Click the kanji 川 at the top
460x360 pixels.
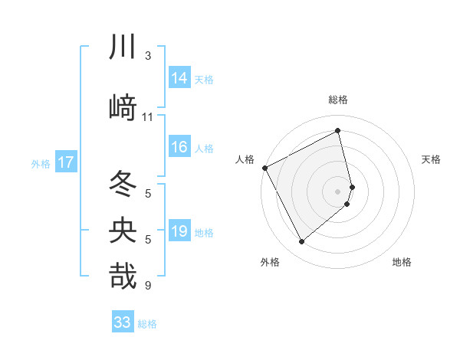(x=123, y=47)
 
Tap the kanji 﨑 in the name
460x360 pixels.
(x=123, y=108)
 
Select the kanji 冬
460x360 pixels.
(x=123, y=184)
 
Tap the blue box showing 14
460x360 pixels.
(x=179, y=78)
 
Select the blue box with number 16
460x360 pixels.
(x=179, y=148)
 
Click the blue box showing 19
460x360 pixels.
(x=179, y=232)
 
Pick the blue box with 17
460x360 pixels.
(x=65, y=162)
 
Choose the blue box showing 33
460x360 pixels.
(x=123, y=322)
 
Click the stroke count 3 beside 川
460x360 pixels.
(x=148, y=56)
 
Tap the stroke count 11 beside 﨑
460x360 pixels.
(x=148, y=117)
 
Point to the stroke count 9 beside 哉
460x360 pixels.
(x=148, y=286)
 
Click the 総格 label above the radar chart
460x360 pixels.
(x=338, y=100)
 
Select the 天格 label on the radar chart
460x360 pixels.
(x=432, y=159)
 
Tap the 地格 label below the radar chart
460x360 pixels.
(x=402, y=262)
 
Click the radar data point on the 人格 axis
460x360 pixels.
(x=264, y=168)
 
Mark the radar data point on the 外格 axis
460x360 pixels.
(x=301, y=242)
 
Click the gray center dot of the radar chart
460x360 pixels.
(x=338, y=191)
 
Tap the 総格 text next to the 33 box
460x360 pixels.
(x=147, y=324)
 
